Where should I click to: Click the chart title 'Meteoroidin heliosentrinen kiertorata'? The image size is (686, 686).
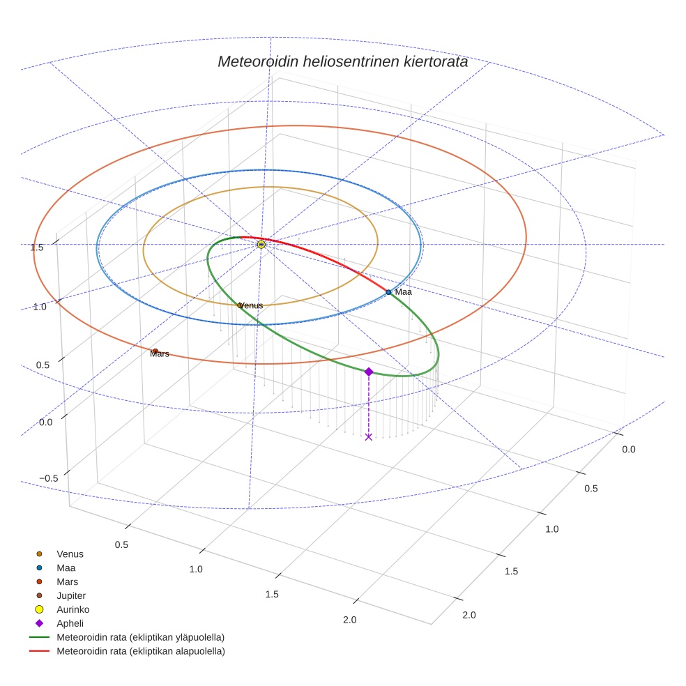click(x=342, y=61)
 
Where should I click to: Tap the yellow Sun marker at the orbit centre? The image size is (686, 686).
click(x=261, y=245)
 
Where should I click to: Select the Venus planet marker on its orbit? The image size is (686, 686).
click(x=240, y=305)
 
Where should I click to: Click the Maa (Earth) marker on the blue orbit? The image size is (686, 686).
click(x=388, y=292)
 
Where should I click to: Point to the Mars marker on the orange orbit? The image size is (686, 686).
click(x=155, y=351)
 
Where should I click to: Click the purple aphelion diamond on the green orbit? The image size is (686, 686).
click(x=369, y=372)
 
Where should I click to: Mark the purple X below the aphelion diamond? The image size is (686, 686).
click(x=369, y=437)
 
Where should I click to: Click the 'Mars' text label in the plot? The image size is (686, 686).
click(x=160, y=354)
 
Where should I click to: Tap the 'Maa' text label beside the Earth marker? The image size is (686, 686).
click(x=403, y=292)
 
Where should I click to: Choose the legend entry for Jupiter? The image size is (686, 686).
click(x=70, y=595)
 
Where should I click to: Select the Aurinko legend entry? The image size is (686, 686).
click(x=73, y=609)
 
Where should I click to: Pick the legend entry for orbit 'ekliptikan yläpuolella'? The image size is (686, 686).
click(x=140, y=637)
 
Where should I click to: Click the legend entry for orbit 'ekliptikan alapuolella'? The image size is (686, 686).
click(x=140, y=651)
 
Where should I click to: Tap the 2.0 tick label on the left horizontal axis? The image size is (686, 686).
click(x=349, y=620)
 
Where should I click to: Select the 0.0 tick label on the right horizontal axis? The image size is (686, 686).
click(x=628, y=450)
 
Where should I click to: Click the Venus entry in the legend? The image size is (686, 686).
click(x=70, y=554)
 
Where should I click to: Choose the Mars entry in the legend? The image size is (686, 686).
click(x=67, y=581)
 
